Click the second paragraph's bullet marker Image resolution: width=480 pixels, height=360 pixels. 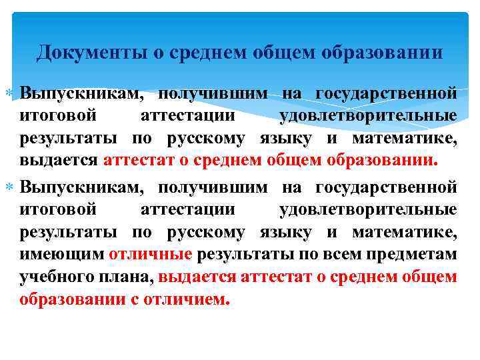pyautogui.click(x=12, y=186)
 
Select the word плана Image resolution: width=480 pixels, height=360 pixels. pyautogui.click(x=129, y=277)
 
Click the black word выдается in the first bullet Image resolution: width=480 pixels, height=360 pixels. pyautogui.click(x=59, y=161)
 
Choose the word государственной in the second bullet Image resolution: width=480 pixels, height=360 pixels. pyautogui.click(x=386, y=186)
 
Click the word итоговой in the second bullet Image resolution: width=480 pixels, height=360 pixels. pyautogui.click(x=59, y=209)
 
